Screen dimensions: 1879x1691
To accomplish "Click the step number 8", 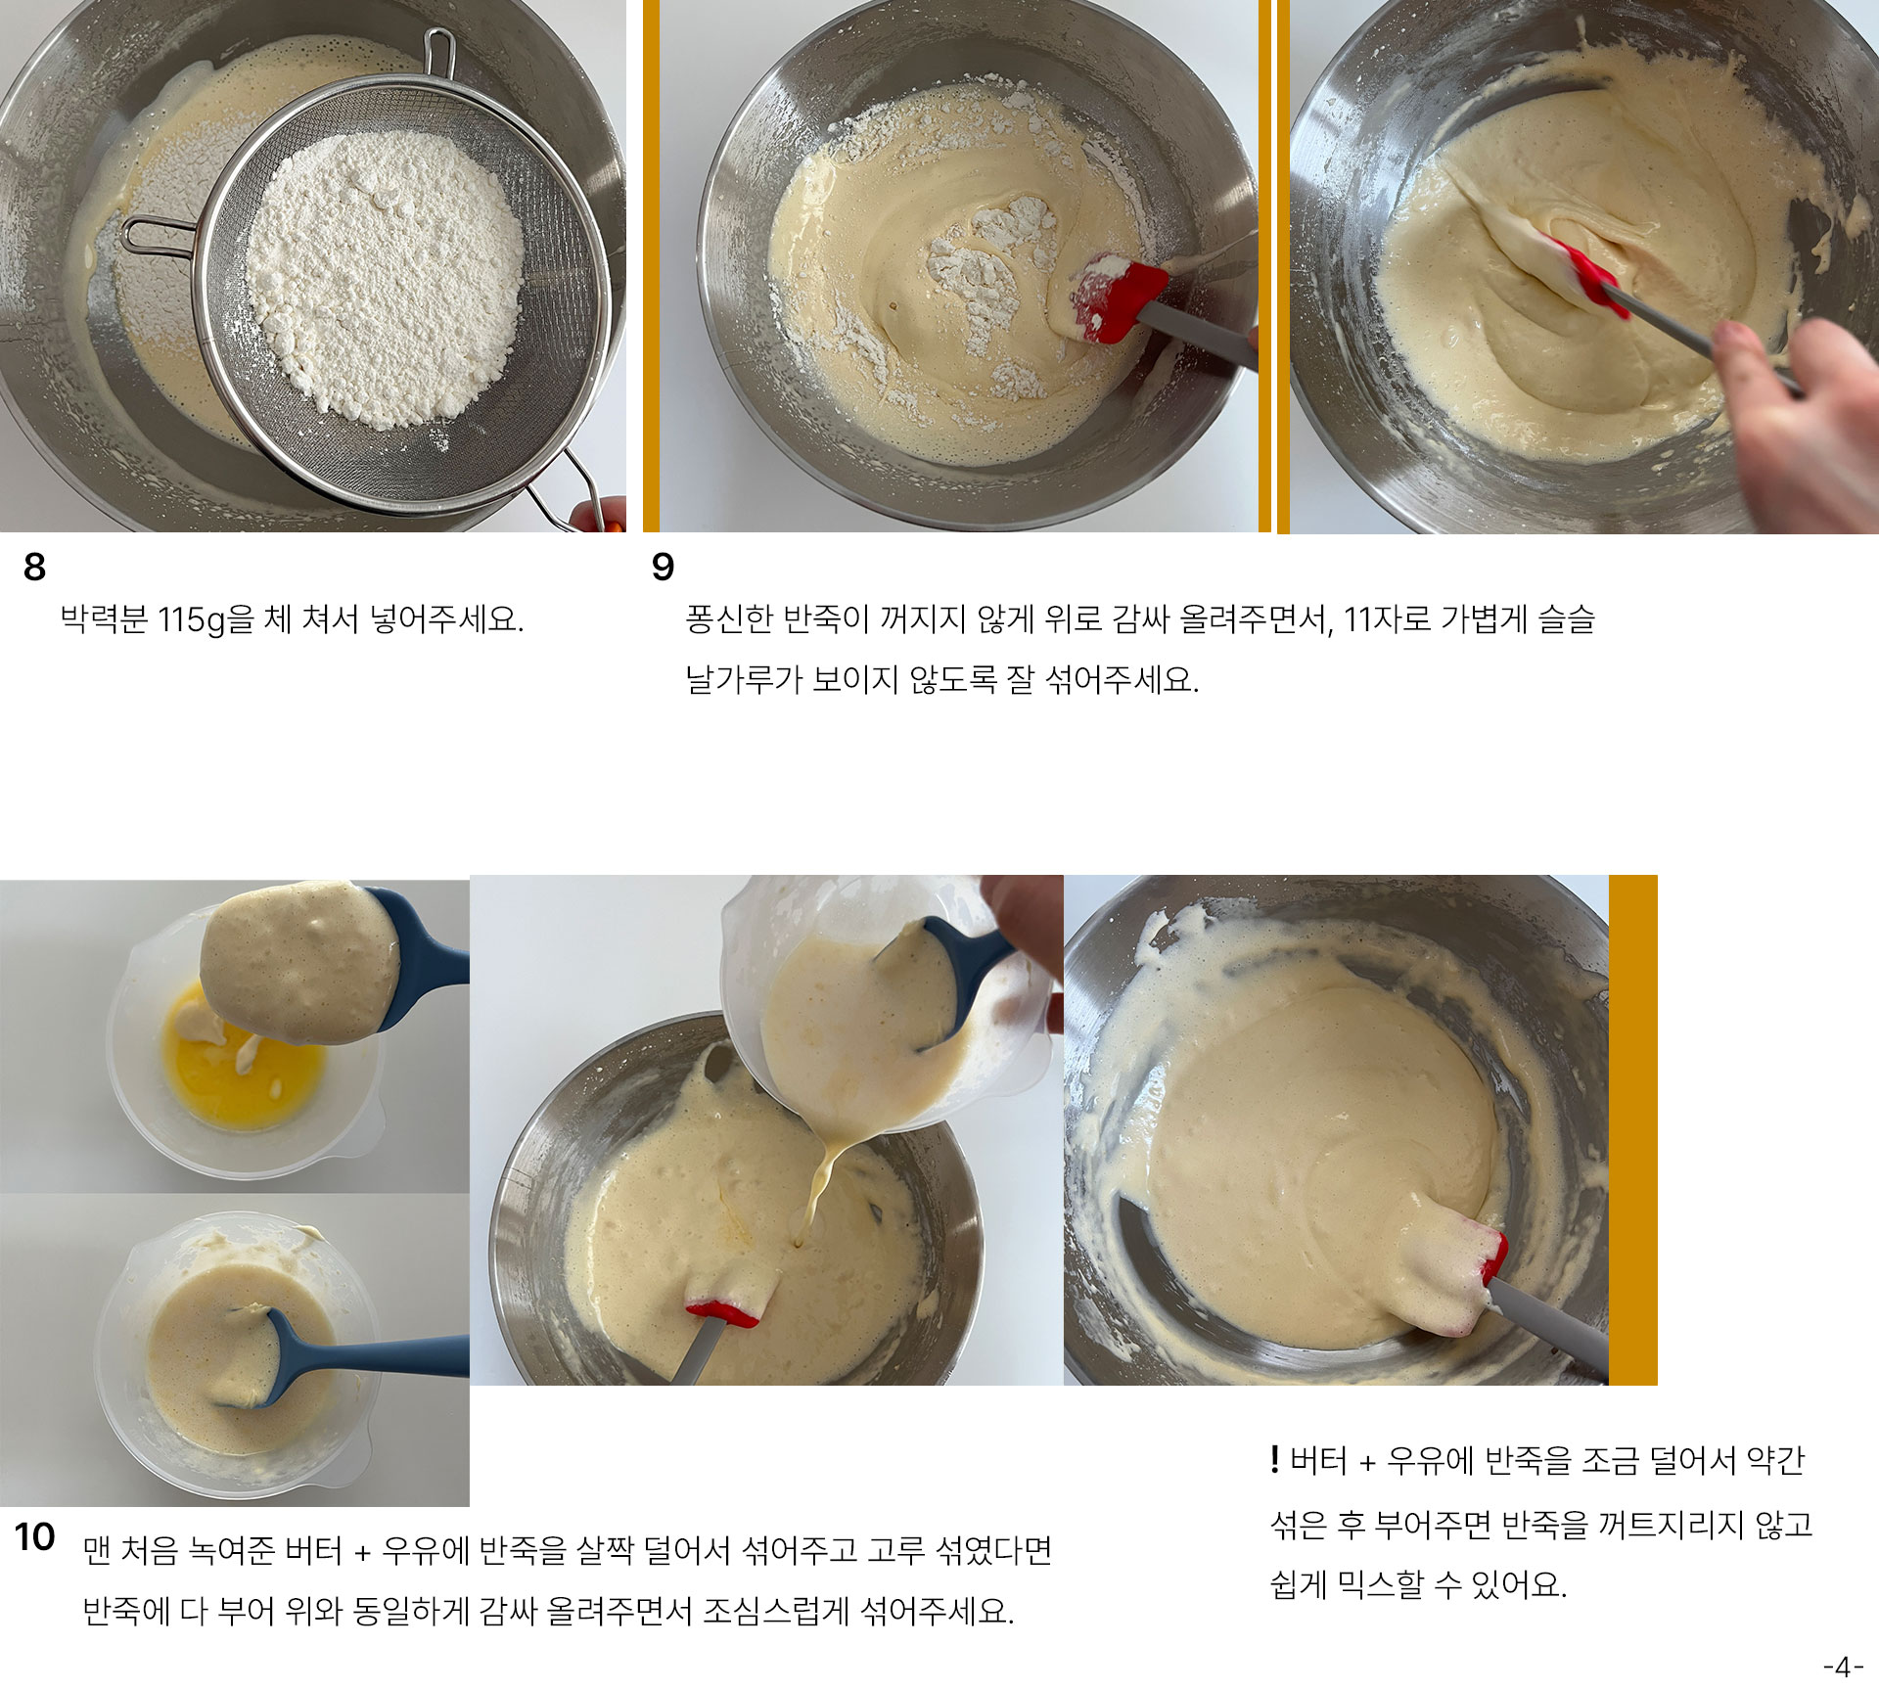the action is point(34,567).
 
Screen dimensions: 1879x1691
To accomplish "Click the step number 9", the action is point(663,567).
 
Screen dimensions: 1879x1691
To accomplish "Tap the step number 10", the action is point(34,1536).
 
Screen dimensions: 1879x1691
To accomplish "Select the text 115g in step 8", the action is point(192,620).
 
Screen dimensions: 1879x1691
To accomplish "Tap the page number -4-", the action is point(1844,1667).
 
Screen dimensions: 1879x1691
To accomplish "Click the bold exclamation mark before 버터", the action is point(1274,1460).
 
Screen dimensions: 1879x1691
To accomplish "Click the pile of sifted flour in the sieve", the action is point(385,279).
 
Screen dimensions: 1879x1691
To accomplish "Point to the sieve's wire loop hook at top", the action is point(439,56).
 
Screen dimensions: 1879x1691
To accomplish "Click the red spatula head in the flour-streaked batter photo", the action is point(1117,299).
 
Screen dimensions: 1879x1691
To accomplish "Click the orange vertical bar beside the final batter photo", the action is point(1632,1130).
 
